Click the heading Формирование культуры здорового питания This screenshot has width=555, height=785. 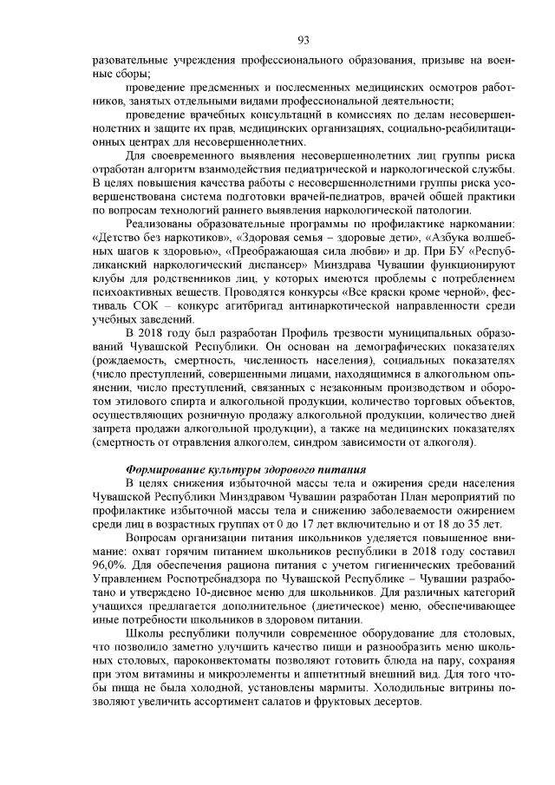[x=245, y=469]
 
